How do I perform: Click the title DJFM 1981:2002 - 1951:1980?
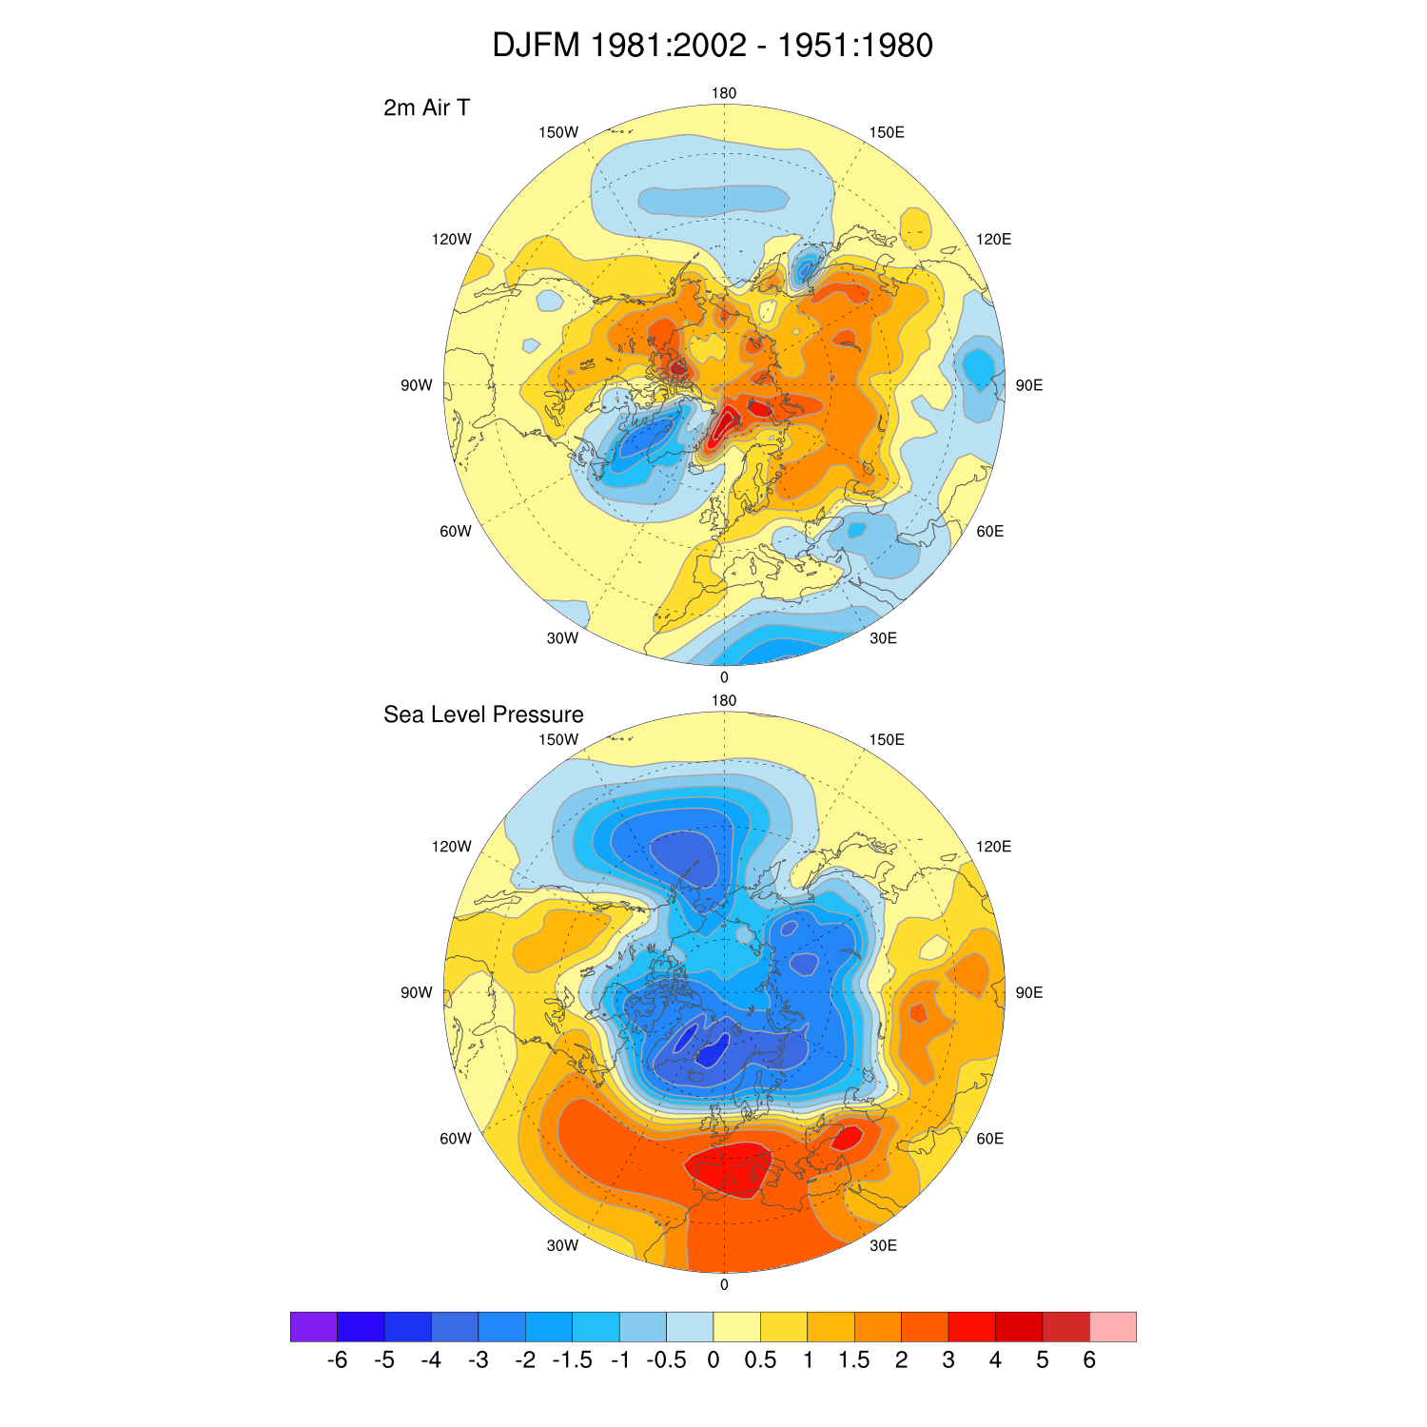[713, 46]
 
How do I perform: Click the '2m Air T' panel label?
[426, 108]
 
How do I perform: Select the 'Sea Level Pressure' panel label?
[483, 714]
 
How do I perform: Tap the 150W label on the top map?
[558, 132]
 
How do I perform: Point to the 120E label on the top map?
[993, 239]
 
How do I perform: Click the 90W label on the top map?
[417, 385]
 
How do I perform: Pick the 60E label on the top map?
[990, 531]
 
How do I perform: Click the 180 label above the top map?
[724, 93]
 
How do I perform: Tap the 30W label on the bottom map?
[562, 1245]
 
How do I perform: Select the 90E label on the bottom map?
[1029, 992]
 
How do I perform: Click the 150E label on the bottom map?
[887, 739]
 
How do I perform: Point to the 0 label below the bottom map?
[724, 1284]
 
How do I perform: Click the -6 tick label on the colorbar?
[337, 1360]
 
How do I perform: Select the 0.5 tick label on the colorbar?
[760, 1360]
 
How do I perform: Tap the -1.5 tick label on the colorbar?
[573, 1360]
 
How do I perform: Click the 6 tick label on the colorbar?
[1089, 1360]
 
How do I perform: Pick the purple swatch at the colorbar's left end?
[314, 1326]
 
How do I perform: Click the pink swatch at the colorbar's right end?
[1113, 1326]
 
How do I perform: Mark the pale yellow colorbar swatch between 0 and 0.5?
[737, 1326]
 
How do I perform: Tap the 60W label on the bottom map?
[456, 1139]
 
